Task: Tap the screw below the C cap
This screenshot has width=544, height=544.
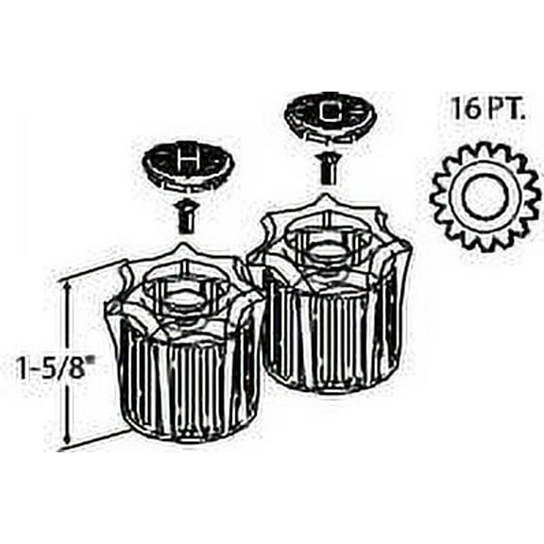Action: point(327,170)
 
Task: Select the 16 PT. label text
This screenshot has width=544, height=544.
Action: point(487,109)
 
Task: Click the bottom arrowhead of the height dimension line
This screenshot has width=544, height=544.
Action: point(68,437)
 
